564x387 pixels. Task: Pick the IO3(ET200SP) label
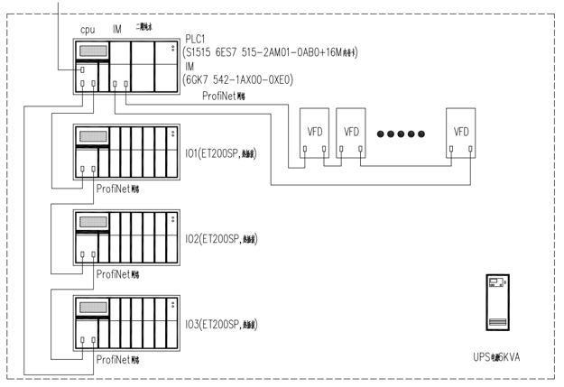pyautogui.click(x=220, y=323)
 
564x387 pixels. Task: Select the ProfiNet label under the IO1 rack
pyautogui.click(x=117, y=189)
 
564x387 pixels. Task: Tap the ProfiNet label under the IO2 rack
pyautogui.click(x=117, y=273)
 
